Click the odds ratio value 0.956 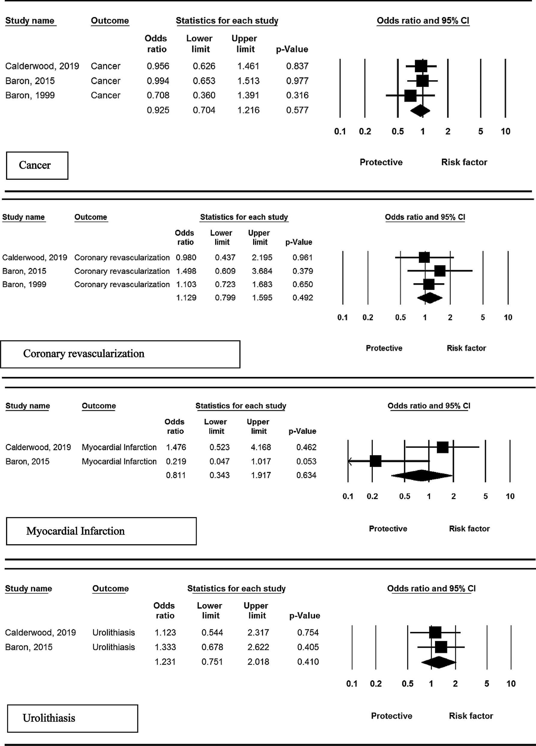click(158, 66)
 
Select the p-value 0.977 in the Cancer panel click(297, 81)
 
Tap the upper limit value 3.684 click(262, 271)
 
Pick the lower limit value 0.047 click(219, 461)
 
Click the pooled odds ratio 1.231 click(165, 662)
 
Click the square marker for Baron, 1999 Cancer click(410, 96)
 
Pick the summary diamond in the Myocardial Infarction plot click(422, 475)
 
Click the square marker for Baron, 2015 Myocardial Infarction click(375, 461)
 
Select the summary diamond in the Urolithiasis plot click(439, 662)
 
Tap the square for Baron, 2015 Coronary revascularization click(440, 271)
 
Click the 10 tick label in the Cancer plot click(505, 131)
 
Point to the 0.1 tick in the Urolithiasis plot click(352, 683)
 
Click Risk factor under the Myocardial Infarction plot click(469, 529)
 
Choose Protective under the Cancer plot click(381, 162)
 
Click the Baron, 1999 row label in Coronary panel click(24, 284)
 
